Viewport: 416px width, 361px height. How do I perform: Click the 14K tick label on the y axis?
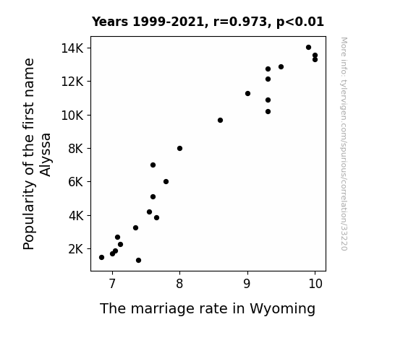72,48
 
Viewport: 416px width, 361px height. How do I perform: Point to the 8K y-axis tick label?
76,149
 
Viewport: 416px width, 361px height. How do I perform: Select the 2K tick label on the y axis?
76,249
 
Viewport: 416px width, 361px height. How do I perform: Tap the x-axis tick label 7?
112,284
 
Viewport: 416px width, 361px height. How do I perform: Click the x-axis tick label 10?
315,284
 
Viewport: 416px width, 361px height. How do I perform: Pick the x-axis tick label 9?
247,284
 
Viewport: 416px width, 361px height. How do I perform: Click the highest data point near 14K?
308,48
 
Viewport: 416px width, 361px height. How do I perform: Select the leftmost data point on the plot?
101,258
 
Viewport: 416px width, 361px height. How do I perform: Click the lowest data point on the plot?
138,261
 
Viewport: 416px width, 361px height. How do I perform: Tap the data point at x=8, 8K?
179,148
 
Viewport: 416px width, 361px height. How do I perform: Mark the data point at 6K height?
166,182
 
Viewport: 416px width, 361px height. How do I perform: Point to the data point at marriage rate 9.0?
247,93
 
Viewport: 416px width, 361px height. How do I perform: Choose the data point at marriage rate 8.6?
220,121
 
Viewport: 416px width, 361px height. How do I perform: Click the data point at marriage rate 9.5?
281,66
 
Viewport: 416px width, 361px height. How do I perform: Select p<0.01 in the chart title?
300,22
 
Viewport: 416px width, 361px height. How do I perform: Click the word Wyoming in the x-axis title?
282,309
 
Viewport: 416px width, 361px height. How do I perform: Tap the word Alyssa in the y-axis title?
46,155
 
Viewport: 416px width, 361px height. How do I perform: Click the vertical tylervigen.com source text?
344,144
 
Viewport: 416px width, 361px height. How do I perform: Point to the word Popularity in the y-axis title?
29,215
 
